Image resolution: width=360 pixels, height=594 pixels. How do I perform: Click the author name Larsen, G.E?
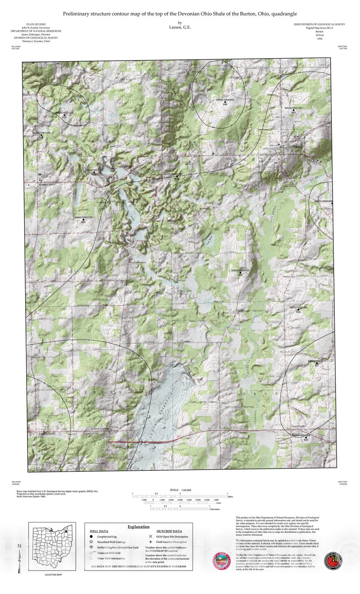tap(180, 27)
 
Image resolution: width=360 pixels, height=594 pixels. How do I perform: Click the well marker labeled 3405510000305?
tap(225, 102)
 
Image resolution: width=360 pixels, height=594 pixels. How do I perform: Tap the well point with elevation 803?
tap(294, 110)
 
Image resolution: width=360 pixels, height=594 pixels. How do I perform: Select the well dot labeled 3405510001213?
tap(64, 115)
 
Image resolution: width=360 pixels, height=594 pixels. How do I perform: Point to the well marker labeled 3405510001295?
tap(41, 135)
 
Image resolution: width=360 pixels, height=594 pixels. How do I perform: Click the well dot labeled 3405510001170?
tap(83, 220)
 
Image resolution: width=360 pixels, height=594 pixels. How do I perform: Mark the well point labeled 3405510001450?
tap(240, 273)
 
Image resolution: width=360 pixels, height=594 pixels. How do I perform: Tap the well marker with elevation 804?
tap(298, 310)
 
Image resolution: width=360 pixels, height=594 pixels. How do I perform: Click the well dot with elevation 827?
tap(317, 363)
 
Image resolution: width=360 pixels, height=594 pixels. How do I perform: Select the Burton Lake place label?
tap(184, 291)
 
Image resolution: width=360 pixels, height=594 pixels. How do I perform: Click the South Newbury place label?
tap(137, 262)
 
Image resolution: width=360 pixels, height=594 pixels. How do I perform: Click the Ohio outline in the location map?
tap(52, 548)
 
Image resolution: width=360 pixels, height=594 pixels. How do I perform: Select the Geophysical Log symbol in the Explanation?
tap(91, 536)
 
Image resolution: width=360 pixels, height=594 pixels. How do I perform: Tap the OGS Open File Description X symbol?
tap(150, 536)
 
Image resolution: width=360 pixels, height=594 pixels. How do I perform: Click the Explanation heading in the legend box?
tap(138, 526)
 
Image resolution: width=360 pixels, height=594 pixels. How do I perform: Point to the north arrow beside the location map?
tap(20, 557)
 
